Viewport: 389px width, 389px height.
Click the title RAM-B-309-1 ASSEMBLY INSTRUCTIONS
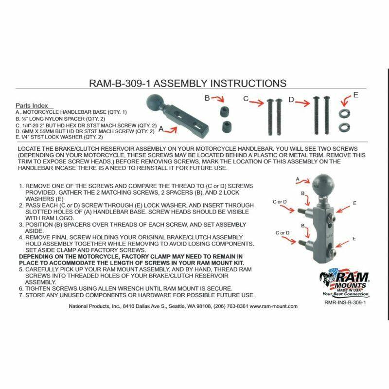coord(188,83)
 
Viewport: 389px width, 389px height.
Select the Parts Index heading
coord(32,106)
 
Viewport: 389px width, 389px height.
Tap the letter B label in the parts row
coord(208,98)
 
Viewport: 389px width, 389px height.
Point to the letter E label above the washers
coord(356,95)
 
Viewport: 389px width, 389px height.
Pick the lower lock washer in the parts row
coord(344,127)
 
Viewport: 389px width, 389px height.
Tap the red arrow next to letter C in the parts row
coord(257,102)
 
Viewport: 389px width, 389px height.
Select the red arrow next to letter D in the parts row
coord(302,103)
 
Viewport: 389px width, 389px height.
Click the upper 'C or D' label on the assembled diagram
coord(280,202)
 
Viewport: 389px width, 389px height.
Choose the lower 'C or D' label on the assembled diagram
coord(283,233)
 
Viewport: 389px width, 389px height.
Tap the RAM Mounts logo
coord(344,283)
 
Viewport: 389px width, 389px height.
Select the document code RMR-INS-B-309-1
coord(345,302)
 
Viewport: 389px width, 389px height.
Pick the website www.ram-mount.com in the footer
coord(274,306)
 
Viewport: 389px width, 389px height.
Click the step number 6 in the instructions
coord(21,289)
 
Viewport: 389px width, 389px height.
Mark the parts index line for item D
coord(85,131)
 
